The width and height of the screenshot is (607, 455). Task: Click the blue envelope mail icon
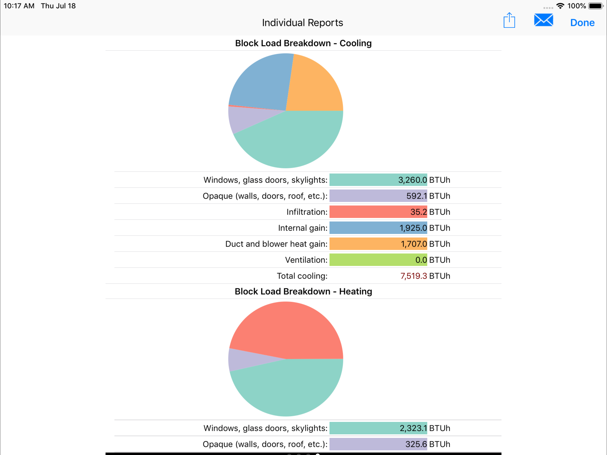click(543, 20)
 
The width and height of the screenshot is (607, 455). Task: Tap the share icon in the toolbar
click(509, 21)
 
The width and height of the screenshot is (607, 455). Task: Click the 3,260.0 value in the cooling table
click(412, 180)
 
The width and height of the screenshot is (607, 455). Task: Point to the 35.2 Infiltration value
click(418, 212)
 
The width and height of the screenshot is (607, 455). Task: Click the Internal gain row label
click(302, 228)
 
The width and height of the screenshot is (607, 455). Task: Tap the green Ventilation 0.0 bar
click(378, 260)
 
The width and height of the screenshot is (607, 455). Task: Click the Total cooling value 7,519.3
click(413, 276)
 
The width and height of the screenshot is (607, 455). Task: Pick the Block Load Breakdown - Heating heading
click(303, 291)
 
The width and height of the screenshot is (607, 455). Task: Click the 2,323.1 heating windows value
click(413, 428)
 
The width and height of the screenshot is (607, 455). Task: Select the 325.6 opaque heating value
click(416, 444)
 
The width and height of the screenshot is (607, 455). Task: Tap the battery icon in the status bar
click(595, 6)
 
